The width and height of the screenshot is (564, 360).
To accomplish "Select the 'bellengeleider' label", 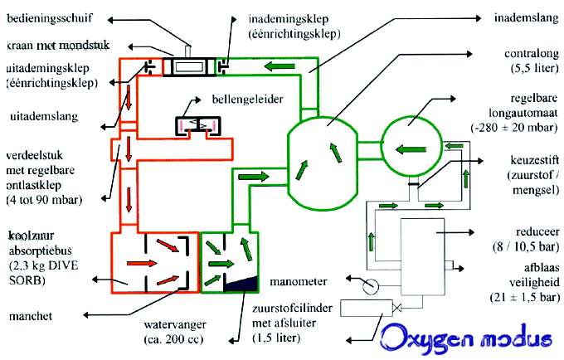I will click(243, 99).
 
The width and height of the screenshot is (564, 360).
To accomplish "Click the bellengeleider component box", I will click(197, 125).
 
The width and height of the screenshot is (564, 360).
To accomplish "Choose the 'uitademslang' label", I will click(37, 116).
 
